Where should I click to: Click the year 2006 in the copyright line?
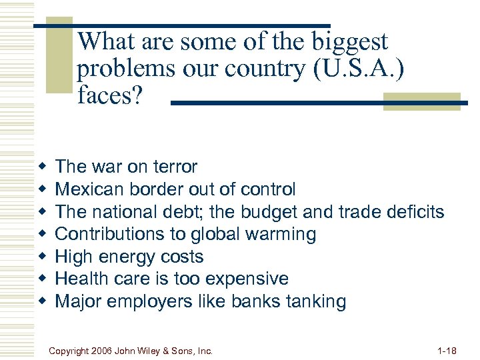(x=102, y=350)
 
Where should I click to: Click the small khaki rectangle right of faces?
(x=421, y=101)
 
